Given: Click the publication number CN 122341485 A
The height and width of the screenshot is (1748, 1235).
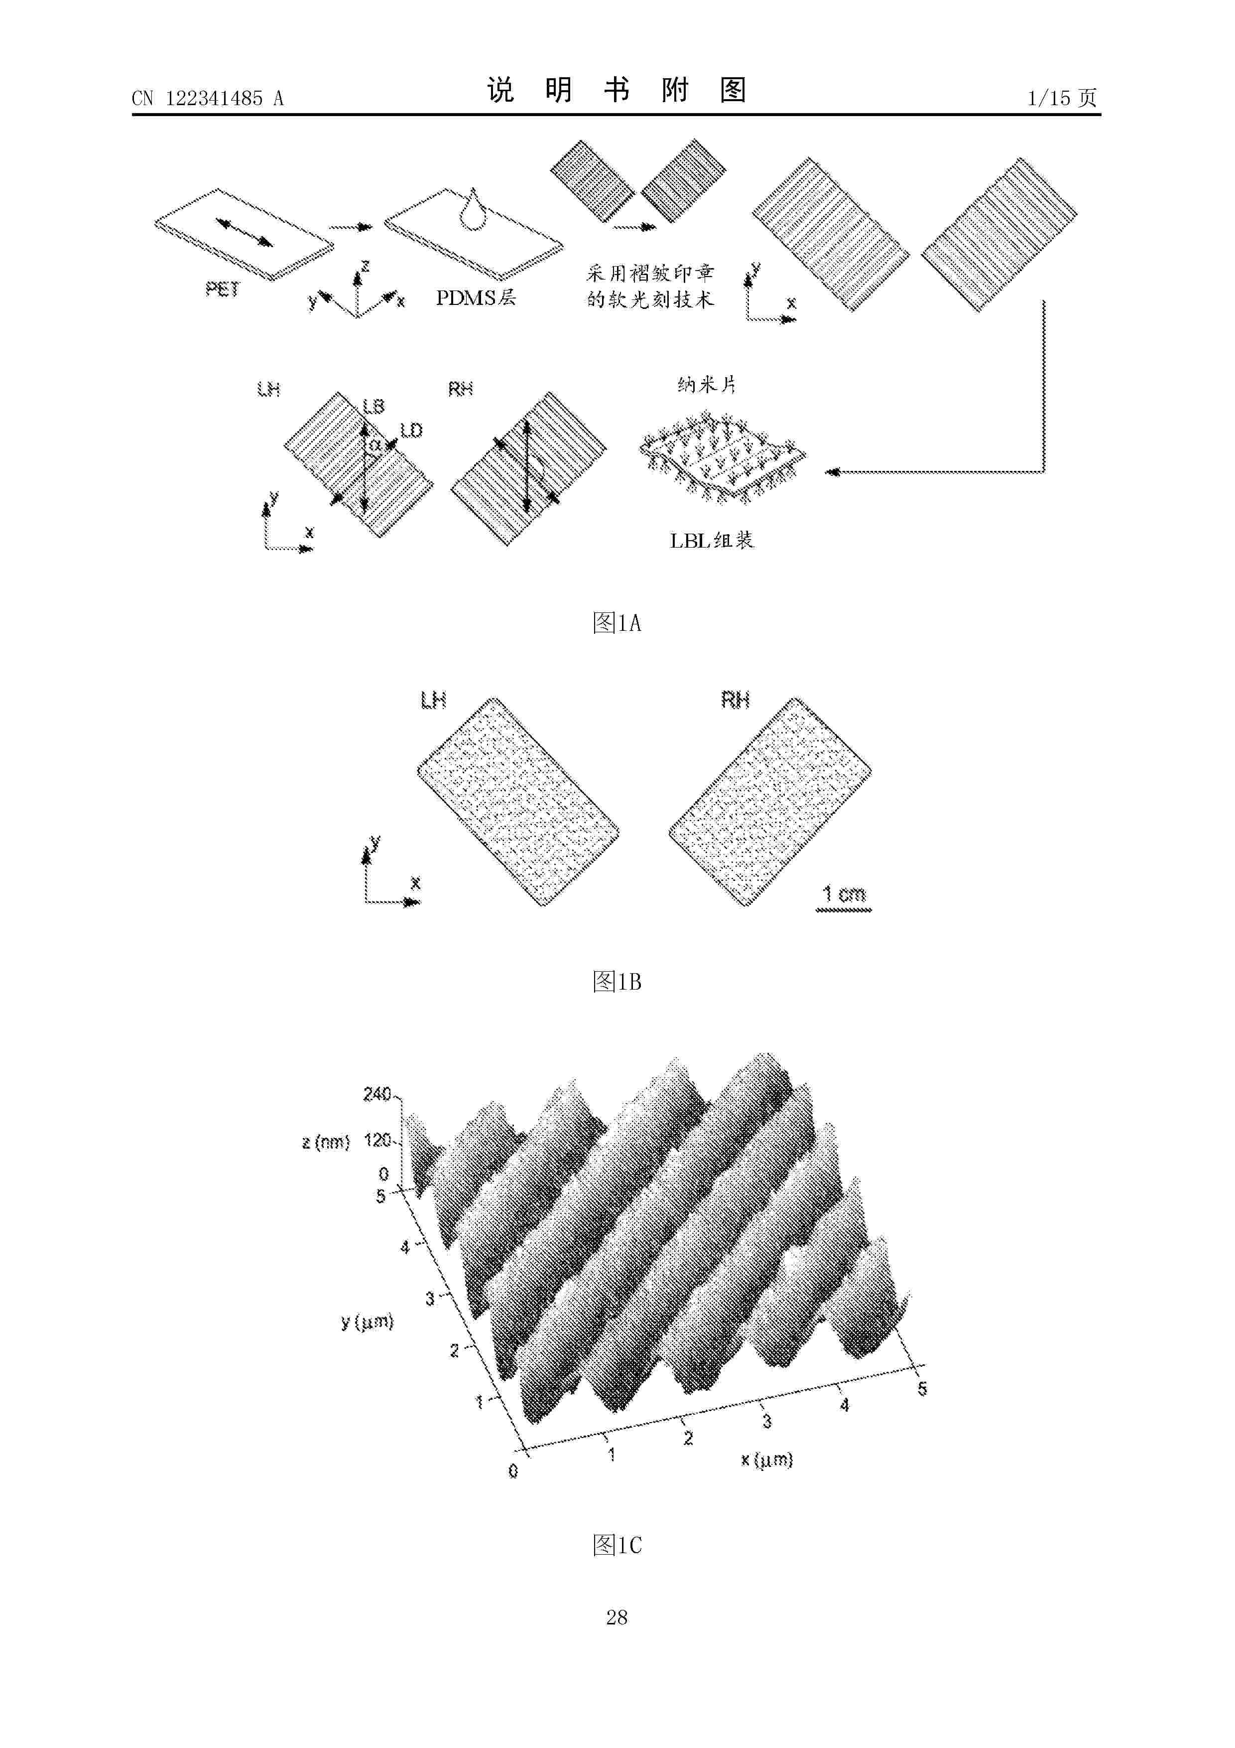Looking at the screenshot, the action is [x=208, y=98].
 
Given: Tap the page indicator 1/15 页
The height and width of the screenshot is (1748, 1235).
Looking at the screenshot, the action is [x=1062, y=98].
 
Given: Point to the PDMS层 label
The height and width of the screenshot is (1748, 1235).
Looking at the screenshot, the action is [x=476, y=297].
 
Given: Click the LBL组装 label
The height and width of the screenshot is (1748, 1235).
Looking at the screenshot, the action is [x=712, y=541].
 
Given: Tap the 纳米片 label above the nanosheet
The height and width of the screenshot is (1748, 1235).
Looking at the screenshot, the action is [x=707, y=385].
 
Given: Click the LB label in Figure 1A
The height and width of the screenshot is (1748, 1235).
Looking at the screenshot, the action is [x=373, y=407].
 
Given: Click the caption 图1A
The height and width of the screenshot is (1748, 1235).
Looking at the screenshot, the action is [x=617, y=623].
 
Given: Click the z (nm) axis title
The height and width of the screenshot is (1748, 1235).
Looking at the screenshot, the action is [x=326, y=1142].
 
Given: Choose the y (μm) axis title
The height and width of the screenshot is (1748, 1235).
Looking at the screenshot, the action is [x=368, y=1321].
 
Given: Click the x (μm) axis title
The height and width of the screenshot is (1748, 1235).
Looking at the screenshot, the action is [x=767, y=1459].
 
